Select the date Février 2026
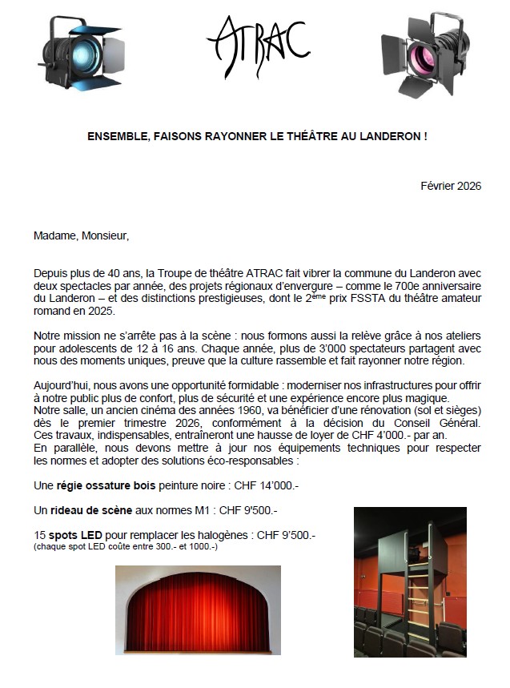451,186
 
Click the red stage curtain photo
198,610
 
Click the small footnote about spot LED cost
126,546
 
